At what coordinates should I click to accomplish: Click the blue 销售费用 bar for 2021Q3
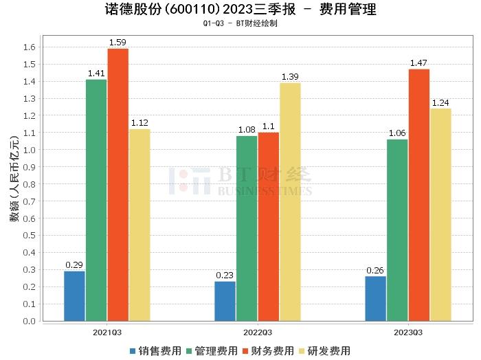click(x=74, y=295)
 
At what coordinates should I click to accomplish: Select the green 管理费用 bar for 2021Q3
click(x=96, y=200)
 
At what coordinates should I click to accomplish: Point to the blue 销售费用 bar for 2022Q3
click(x=225, y=301)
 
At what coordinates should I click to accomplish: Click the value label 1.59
click(x=118, y=43)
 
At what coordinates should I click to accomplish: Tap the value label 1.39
click(x=290, y=77)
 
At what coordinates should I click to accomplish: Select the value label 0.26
click(x=375, y=270)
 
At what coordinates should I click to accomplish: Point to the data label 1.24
click(x=440, y=102)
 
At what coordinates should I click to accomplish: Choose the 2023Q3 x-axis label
click(x=408, y=331)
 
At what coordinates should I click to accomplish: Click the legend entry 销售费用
click(x=154, y=350)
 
